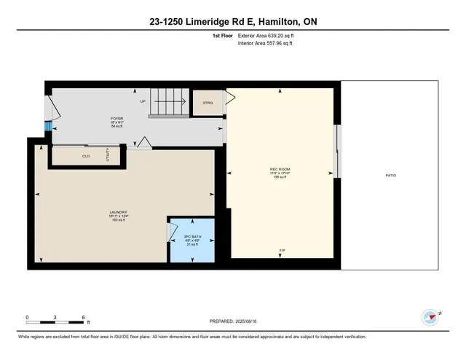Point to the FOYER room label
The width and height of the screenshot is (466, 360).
coord(116,117)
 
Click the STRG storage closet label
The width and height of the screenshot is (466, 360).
coord(207,103)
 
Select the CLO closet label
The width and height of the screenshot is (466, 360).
coord(86,156)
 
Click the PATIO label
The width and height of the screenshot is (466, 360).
coord(391,176)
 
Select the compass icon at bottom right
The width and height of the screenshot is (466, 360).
coord(430,316)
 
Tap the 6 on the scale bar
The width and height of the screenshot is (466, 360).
coord(84,318)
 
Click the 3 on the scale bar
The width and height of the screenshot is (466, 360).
coord(56,318)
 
